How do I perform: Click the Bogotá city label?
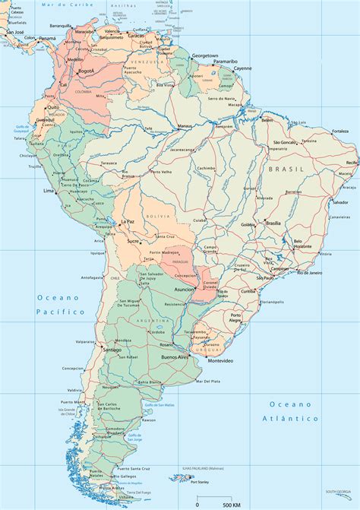86,71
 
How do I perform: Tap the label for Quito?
53,108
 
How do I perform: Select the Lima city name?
49,191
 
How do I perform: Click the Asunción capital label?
185,290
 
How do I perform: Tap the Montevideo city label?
215,360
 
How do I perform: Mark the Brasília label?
273,223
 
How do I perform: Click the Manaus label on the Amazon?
185,125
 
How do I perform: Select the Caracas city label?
136,35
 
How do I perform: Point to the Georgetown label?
204,56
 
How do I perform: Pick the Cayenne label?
242,68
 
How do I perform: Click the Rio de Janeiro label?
310,272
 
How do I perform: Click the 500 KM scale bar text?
222,504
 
